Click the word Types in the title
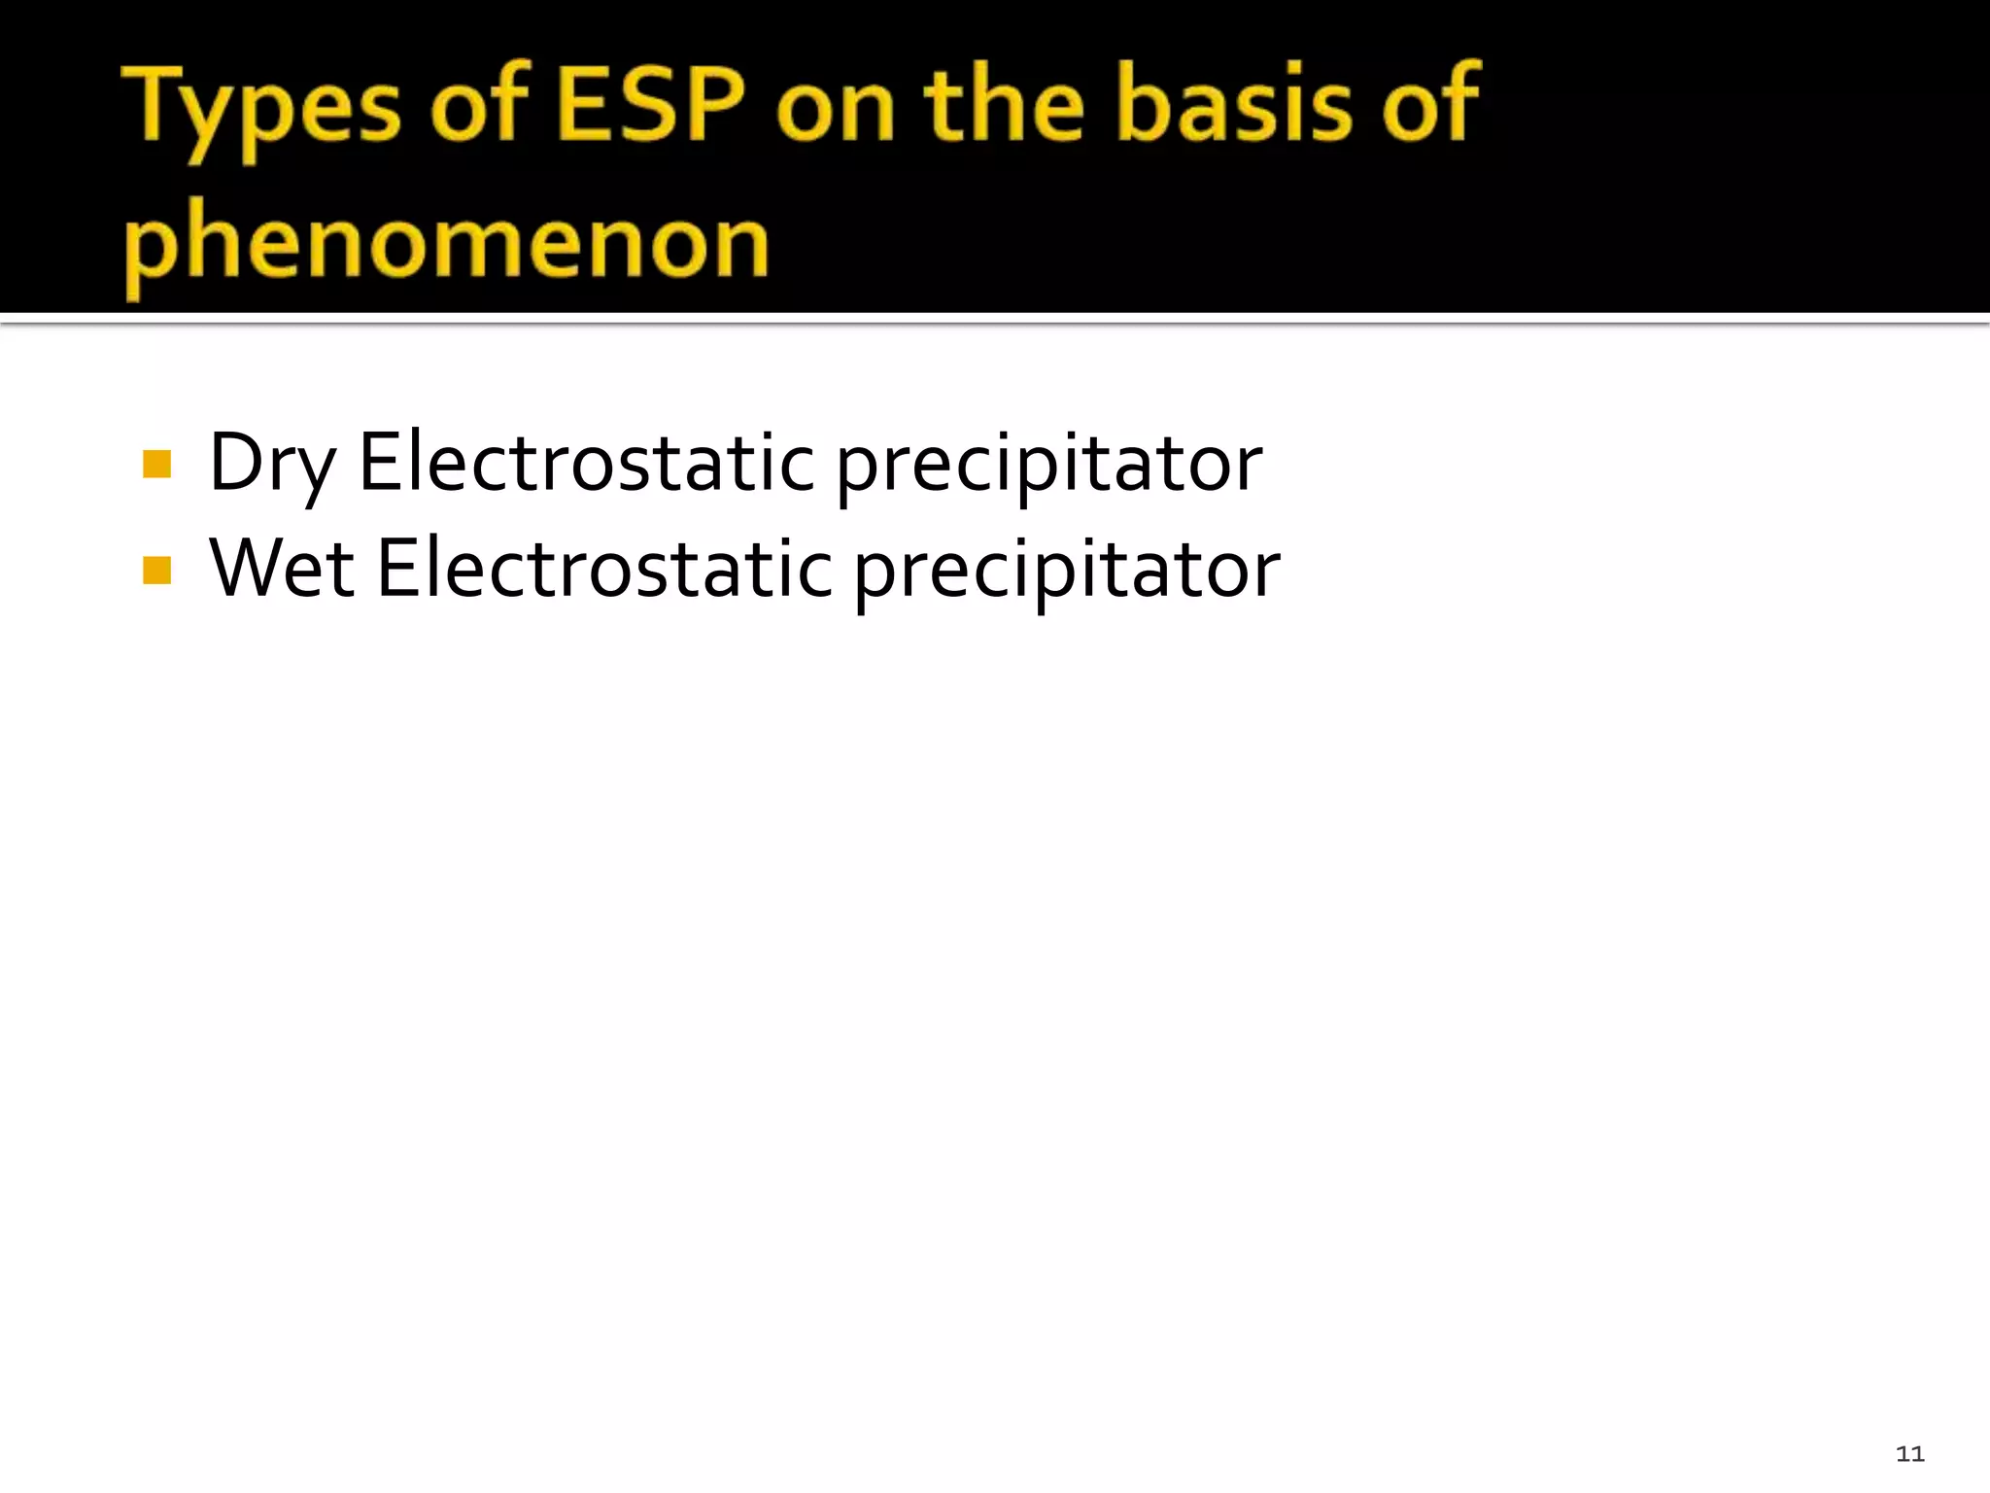(x=262, y=107)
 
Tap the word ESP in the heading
(x=652, y=105)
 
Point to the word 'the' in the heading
(x=1004, y=105)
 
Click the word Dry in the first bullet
(x=272, y=465)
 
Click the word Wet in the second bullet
(x=281, y=570)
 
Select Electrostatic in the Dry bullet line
(x=586, y=463)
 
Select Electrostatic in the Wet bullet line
(x=603, y=570)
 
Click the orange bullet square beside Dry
(x=156, y=465)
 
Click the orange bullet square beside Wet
(x=156, y=571)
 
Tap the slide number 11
(x=1909, y=1454)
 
